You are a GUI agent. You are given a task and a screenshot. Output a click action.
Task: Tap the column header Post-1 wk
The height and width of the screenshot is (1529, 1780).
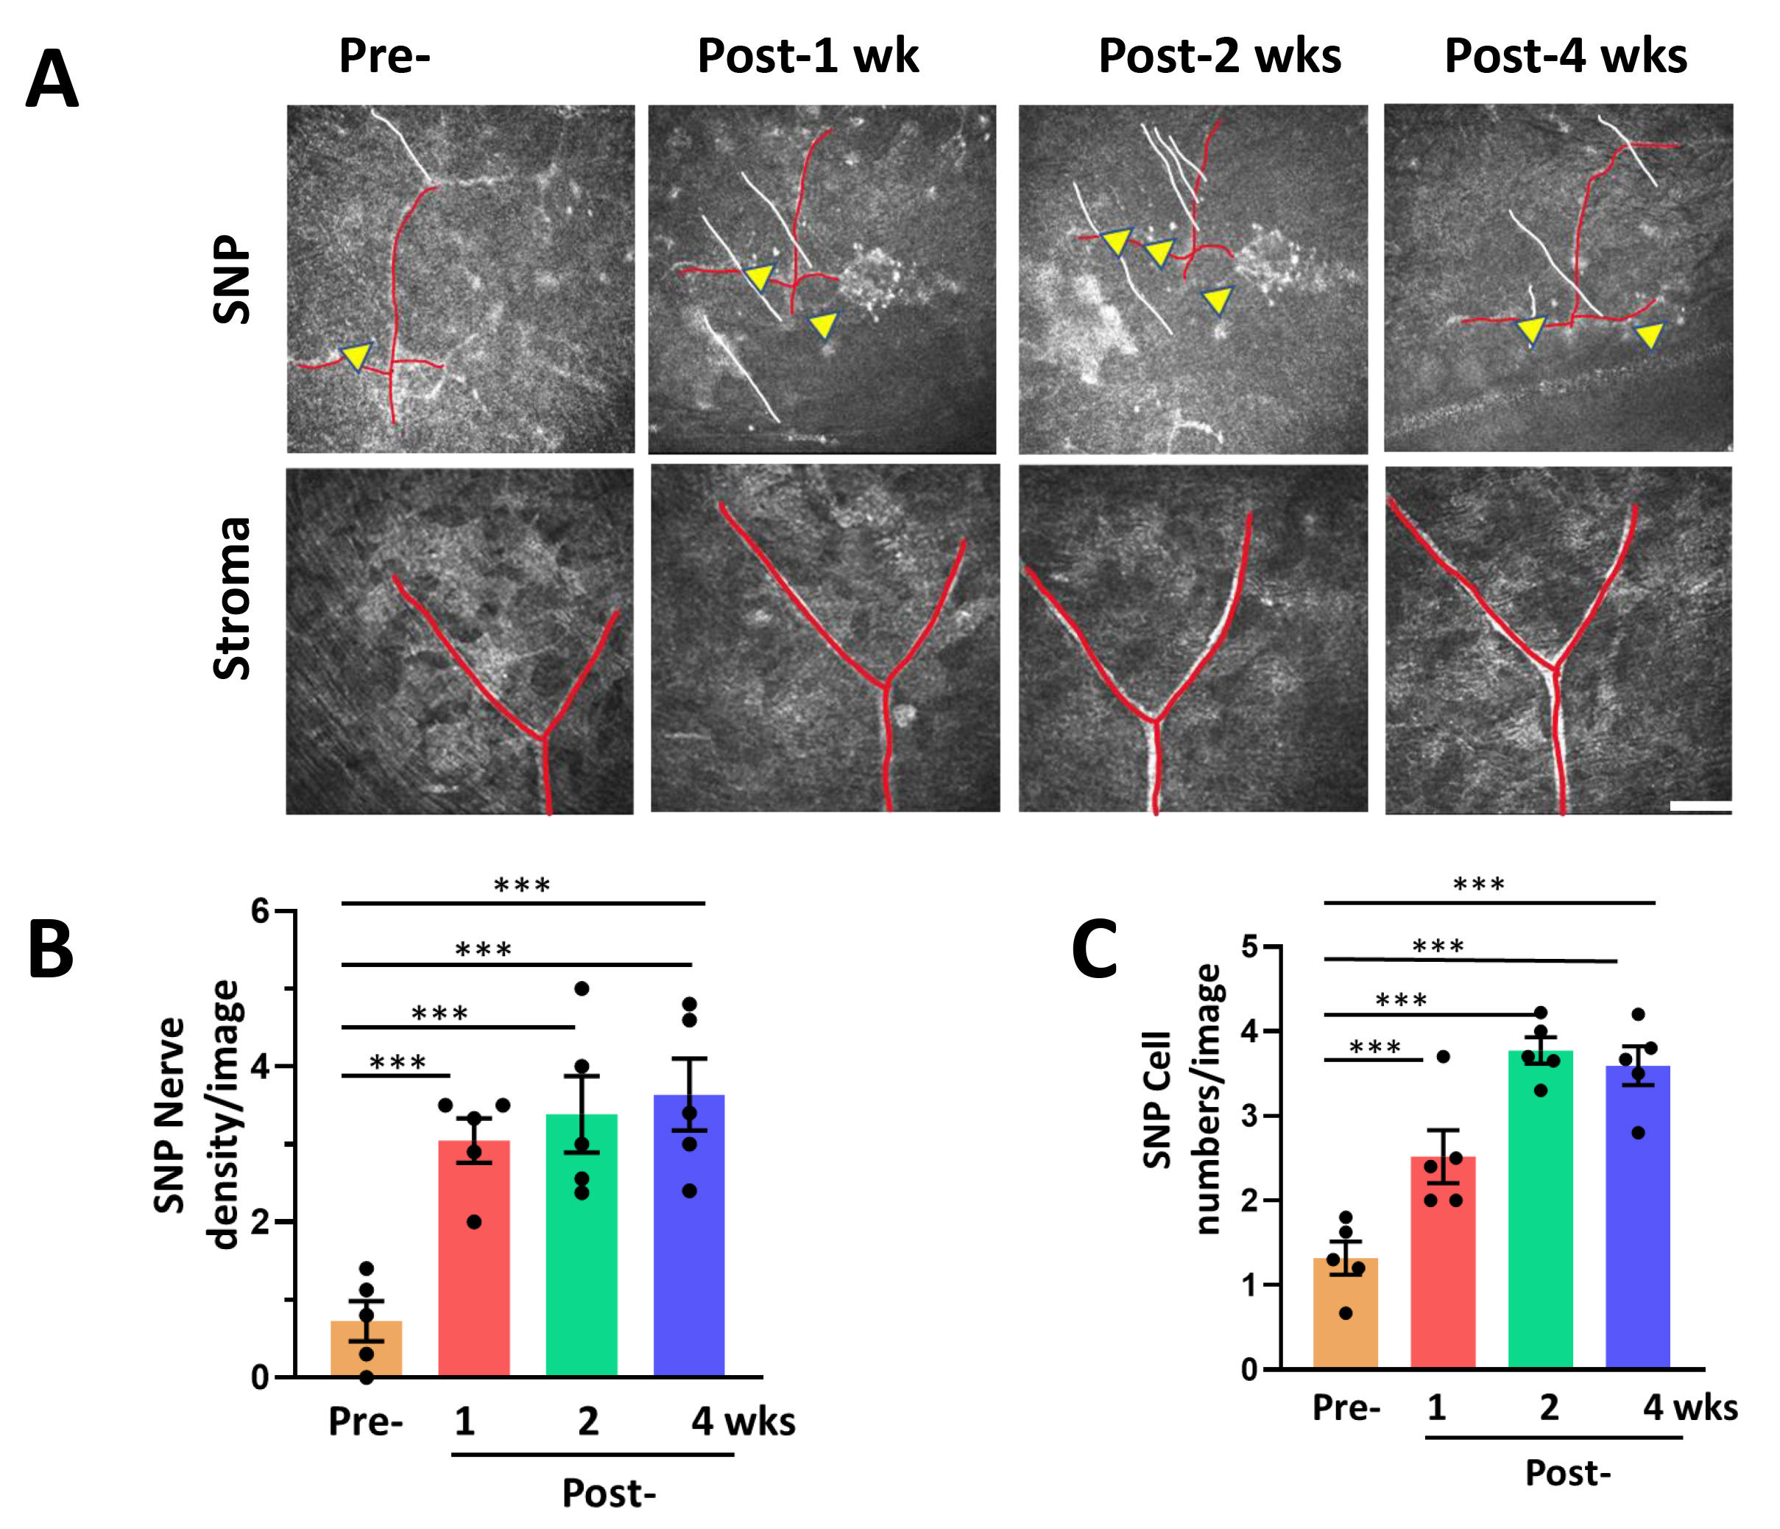[x=808, y=56]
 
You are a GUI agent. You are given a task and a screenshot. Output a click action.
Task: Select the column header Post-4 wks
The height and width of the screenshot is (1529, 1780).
[x=1565, y=56]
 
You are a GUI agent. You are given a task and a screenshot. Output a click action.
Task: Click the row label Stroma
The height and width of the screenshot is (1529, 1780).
[x=232, y=598]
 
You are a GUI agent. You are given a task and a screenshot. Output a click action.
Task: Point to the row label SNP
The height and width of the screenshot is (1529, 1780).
[x=232, y=279]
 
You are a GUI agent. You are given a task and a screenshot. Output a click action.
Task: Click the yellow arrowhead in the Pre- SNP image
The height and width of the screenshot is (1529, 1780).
[x=355, y=355]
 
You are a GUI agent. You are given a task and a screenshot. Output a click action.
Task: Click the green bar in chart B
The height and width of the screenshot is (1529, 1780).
[x=582, y=1246]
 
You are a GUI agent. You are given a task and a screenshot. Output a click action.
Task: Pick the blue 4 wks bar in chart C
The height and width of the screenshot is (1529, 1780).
[x=1637, y=1220]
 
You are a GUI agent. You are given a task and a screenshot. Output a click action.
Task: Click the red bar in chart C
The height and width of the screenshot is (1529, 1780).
[x=1444, y=1263]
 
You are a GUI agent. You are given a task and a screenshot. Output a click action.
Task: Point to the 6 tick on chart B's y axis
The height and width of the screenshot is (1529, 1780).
[x=261, y=911]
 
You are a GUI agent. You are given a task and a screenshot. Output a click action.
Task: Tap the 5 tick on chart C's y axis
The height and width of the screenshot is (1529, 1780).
[x=1249, y=947]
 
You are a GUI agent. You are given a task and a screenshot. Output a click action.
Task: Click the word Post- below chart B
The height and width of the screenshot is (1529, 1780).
[x=608, y=1493]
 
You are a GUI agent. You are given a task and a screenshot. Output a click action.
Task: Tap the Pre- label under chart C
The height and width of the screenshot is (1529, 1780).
[x=1346, y=1407]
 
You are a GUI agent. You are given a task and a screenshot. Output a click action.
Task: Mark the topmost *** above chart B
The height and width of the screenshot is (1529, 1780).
[x=523, y=885]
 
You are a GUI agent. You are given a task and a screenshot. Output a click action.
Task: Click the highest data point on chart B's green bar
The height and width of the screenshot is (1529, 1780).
[x=582, y=988]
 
